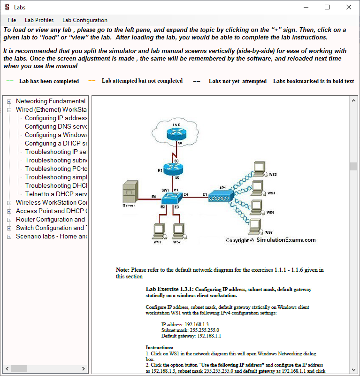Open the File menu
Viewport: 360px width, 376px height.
pos(12,20)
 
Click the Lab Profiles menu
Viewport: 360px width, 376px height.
pos(39,20)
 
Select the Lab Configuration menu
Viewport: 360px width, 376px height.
pos(84,20)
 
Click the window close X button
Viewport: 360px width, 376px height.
pos(348,7)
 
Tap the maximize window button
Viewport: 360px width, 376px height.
pos(327,7)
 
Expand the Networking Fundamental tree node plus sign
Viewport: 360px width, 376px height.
pos(9,101)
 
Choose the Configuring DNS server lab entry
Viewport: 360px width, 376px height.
pos(56,126)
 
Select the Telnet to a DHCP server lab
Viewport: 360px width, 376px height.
pos(56,194)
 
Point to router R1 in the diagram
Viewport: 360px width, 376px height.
pos(176,169)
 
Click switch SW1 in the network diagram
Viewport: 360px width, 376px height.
pos(176,197)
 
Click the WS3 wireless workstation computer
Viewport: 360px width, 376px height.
pos(258,168)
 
